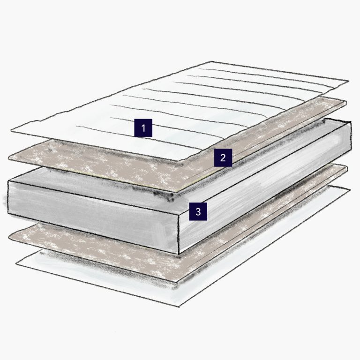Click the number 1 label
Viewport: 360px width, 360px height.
[143, 127]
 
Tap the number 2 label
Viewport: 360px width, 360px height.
[223, 157]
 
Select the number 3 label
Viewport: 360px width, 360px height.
[198, 211]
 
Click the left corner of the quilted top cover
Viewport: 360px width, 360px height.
[10, 132]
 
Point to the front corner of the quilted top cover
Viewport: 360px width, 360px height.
[182, 164]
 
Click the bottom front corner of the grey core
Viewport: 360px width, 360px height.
[179, 254]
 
